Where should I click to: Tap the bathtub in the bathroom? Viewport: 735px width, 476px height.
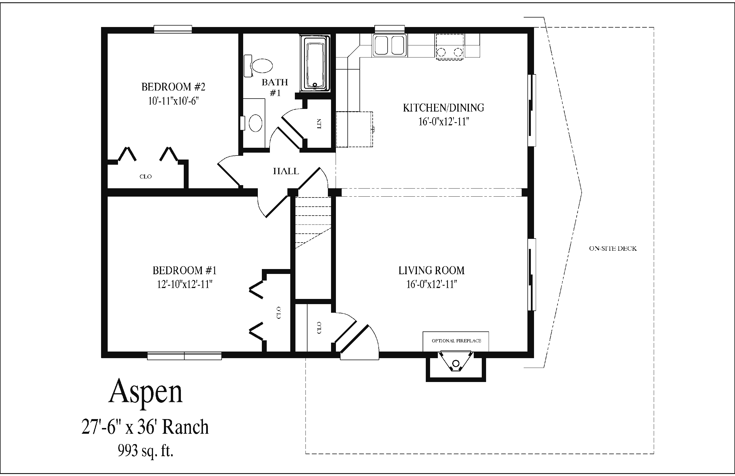315,63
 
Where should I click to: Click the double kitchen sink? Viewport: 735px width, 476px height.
390,45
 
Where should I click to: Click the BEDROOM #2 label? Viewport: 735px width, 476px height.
173,87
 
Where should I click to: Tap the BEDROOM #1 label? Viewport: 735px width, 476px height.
185,270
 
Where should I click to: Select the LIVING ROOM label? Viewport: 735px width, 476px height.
432,270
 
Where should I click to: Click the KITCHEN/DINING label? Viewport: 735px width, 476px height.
444,108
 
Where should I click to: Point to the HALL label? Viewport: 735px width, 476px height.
286,171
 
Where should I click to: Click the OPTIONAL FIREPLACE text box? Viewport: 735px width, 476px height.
456,341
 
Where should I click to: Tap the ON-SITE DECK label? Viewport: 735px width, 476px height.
613,248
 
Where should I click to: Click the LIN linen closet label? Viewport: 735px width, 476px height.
319,124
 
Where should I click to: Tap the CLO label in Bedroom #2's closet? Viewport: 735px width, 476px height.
145,176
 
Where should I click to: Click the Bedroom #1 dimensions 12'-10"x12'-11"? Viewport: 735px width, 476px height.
185,284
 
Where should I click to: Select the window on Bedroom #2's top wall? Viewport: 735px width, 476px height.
173,29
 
